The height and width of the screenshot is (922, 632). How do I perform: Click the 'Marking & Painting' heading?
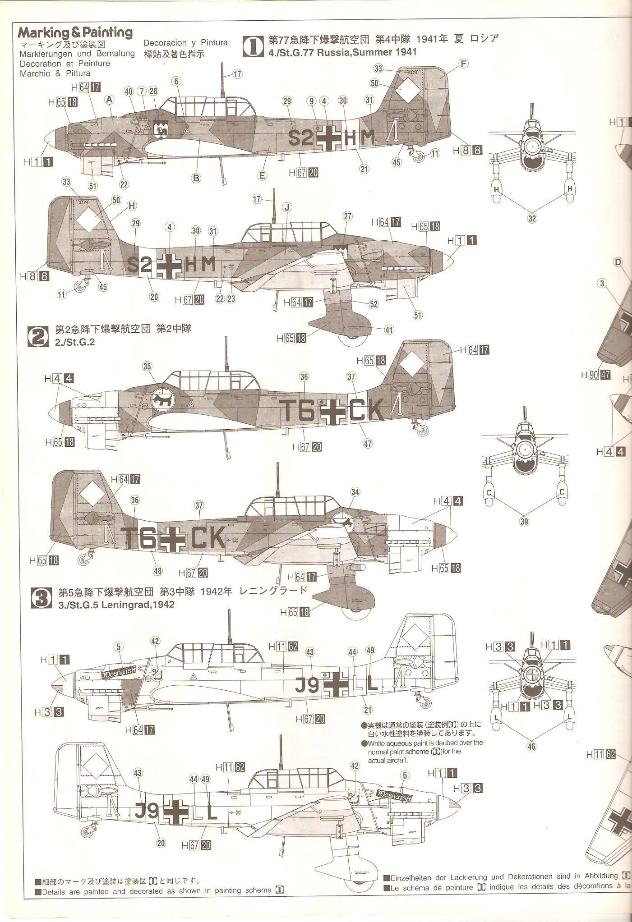[75, 33]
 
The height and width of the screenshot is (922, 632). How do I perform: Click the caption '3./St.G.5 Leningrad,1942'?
[116, 605]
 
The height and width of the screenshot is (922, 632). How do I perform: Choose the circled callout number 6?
[176, 82]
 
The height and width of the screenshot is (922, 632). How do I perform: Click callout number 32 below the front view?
[532, 219]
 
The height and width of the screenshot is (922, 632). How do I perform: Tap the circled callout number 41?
[389, 330]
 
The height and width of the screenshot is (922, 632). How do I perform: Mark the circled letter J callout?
[287, 207]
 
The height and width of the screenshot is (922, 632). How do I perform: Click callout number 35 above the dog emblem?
[147, 366]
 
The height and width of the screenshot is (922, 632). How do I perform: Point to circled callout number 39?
[524, 522]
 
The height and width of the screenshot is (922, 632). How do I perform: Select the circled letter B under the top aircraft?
[196, 178]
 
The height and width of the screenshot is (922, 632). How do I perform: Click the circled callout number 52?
[374, 304]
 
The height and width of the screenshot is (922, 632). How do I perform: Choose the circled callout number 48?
[157, 571]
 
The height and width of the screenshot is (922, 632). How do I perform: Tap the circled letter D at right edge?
[618, 262]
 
